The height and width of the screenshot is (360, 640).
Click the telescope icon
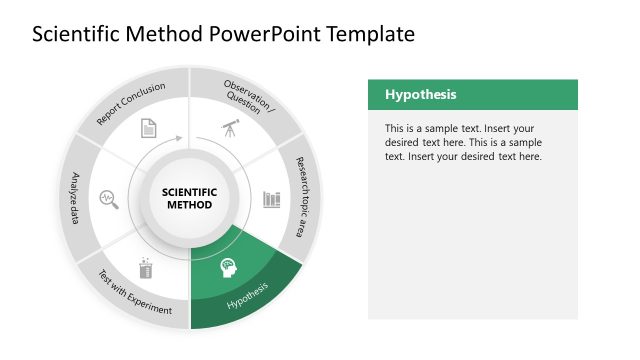pos(230,128)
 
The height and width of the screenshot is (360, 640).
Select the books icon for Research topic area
pos(272,198)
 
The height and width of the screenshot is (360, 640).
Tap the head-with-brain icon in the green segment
pos(229,268)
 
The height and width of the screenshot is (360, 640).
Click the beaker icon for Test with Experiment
pos(147,268)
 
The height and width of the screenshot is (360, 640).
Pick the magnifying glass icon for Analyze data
pos(108,198)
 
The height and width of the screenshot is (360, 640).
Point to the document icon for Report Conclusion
pos(148,128)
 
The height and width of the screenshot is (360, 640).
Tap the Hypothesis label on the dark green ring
pos(248,296)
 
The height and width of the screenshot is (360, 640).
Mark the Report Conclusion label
pos(130,104)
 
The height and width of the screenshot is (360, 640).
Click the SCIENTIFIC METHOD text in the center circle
pos(189,198)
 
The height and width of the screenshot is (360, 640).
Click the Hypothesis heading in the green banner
pos(421,95)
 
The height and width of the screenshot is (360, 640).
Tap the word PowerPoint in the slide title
pos(257,34)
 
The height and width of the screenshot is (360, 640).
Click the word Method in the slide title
pos(166,34)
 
